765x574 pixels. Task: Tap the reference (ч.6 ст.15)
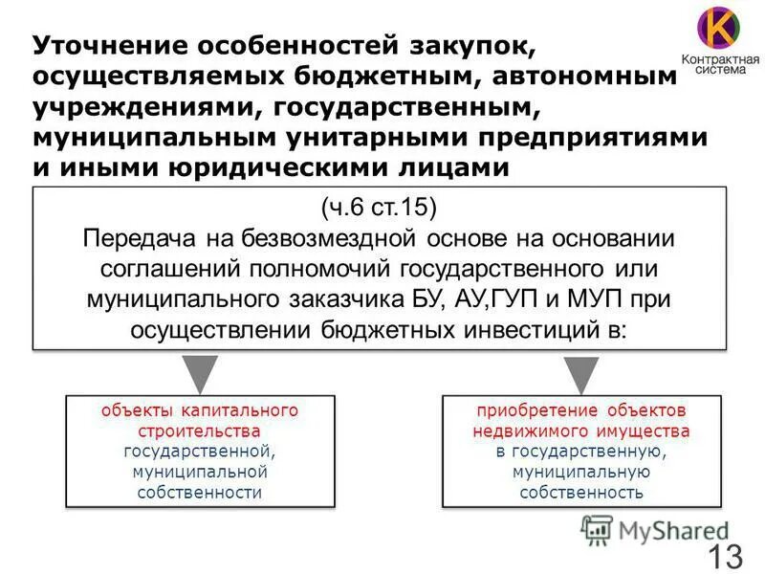click(379, 206)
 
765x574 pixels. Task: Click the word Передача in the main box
click(136, 237)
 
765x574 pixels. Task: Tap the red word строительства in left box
click(199, 430)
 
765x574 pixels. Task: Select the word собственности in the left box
click(199, 492)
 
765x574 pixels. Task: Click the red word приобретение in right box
click(526, 410)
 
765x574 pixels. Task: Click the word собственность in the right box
click(580, 492)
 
